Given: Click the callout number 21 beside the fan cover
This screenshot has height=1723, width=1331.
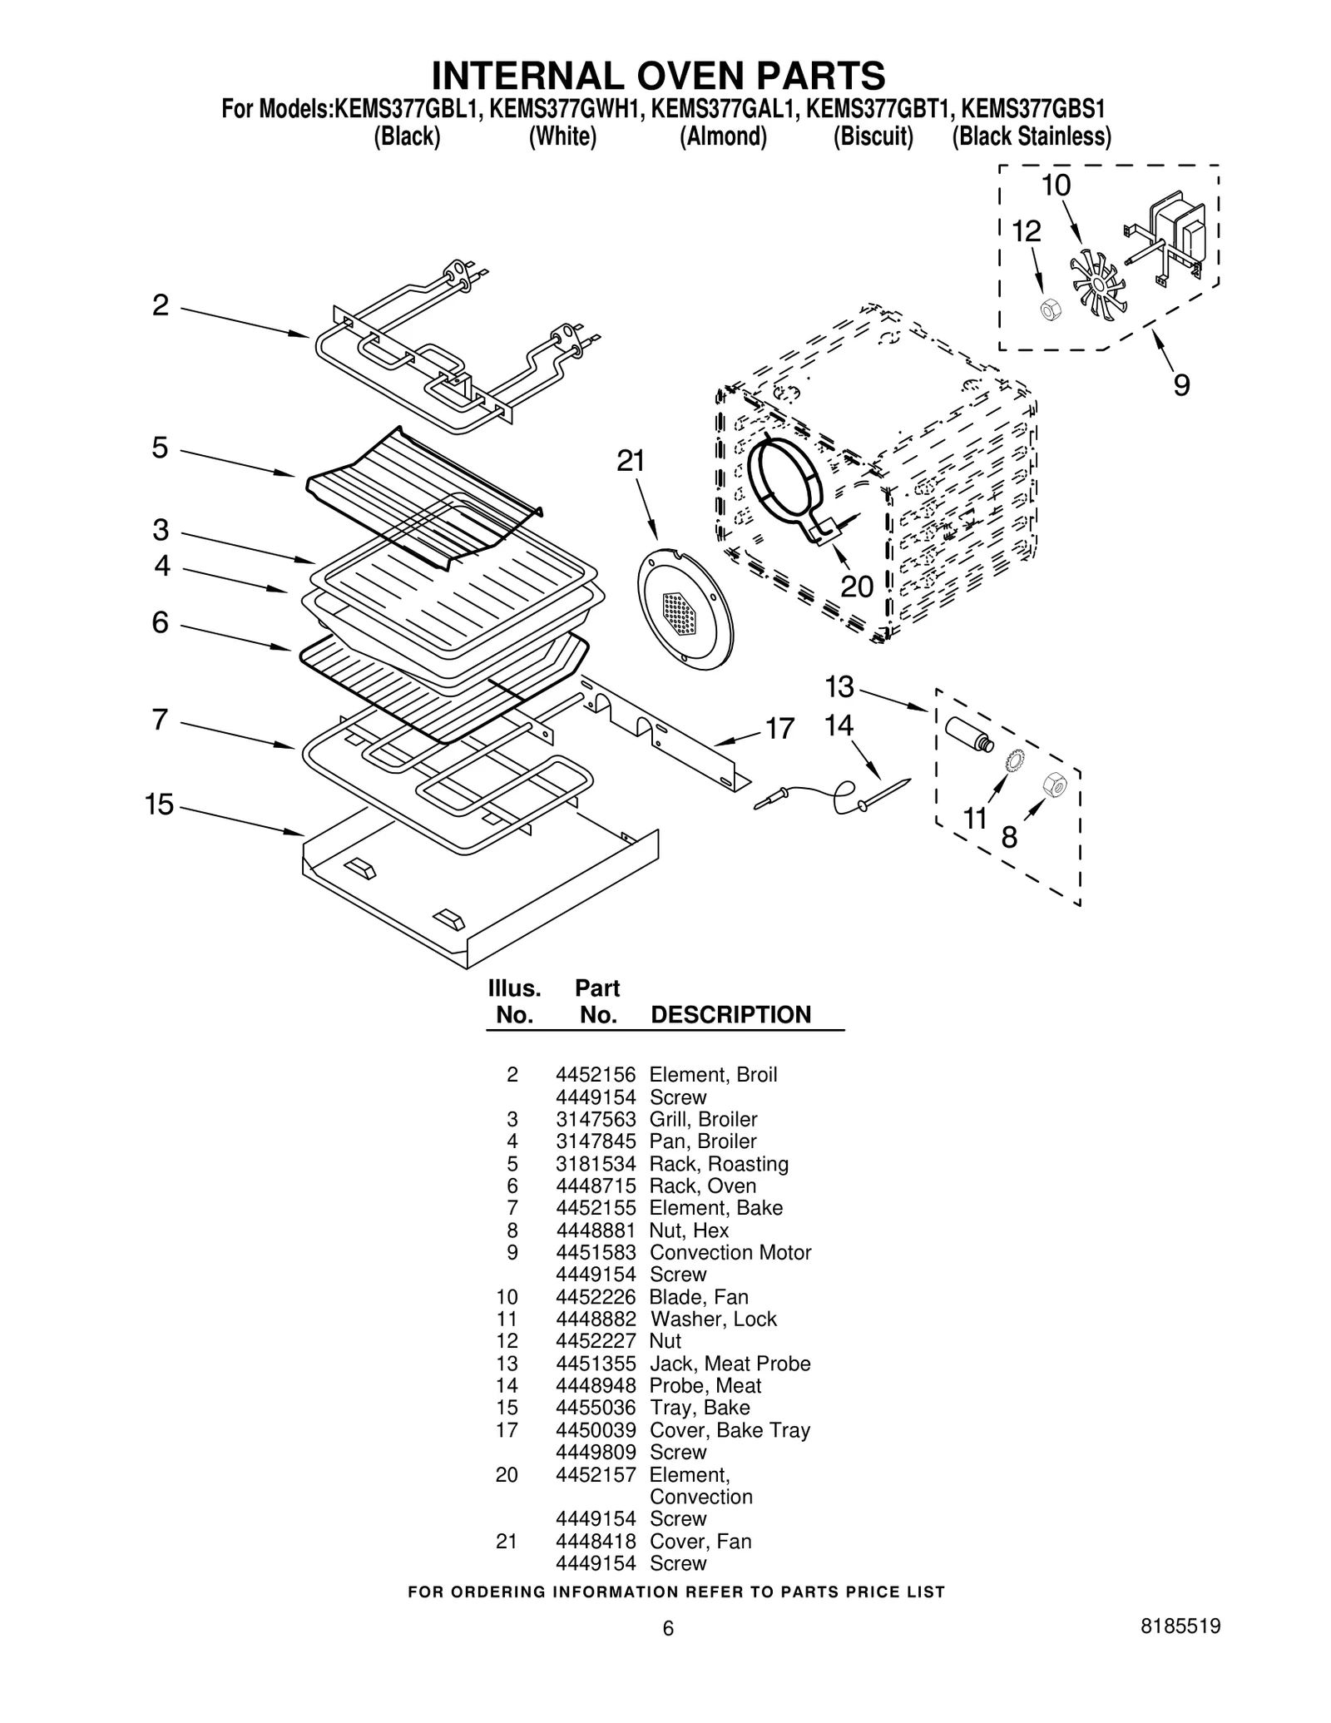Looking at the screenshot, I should tap(631, 461).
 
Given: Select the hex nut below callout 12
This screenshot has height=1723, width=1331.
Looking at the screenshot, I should tap(1051, 310).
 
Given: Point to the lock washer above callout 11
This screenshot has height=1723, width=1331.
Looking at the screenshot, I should tap(1014, 760).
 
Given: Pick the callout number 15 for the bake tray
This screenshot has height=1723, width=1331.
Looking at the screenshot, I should tap(159, 805).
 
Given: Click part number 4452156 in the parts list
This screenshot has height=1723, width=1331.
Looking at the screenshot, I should tap(595, 1074).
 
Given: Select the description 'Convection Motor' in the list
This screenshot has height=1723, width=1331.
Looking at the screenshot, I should tap(730, 1252).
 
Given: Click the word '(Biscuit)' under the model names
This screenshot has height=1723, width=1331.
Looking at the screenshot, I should tap(873, 136).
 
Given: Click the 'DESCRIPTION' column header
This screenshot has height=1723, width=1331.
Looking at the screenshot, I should tap(730, 1015).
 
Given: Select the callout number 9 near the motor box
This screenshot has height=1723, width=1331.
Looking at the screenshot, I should tap(1181, 385).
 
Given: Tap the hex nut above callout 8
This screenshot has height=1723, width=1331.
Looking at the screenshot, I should tap(1054, 784).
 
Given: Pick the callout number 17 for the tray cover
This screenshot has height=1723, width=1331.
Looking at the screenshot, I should tap(779, 729).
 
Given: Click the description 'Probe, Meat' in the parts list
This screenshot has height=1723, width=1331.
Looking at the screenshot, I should tap(705, 1385).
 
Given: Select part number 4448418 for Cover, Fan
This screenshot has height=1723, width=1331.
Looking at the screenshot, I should tap(595, 1541).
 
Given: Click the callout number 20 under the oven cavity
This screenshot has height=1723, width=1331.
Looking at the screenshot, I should tap(856, 587).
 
